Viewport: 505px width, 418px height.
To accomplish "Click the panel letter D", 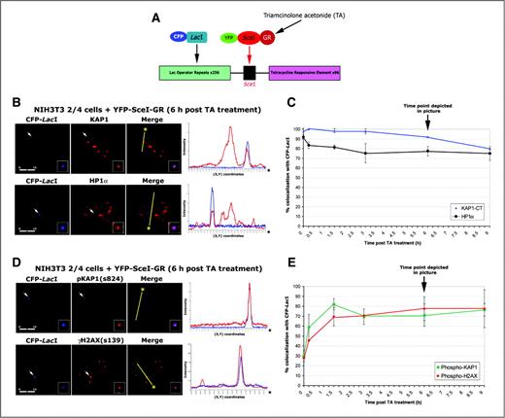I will pyautogui.click(x=8, y=258).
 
